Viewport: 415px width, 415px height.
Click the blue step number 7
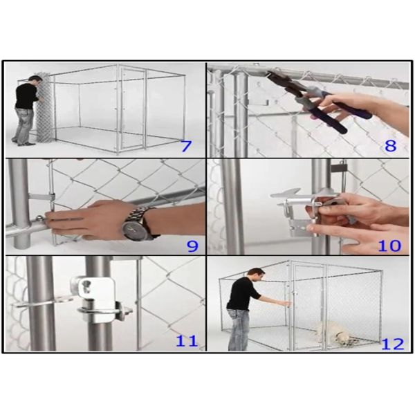[186, 146]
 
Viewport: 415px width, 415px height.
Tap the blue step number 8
[390, 146]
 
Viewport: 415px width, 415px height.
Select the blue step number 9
[192, 246]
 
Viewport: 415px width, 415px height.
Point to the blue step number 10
[389, 246]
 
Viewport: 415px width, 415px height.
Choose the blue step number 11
[187, 341]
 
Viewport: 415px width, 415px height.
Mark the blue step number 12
[392, 344]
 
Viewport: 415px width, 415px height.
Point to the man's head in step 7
[36, 80]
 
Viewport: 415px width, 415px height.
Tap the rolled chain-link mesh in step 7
[45, 109]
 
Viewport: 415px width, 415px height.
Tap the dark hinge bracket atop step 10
[338, 167]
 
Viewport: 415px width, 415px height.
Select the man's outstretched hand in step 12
[286, 304]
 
